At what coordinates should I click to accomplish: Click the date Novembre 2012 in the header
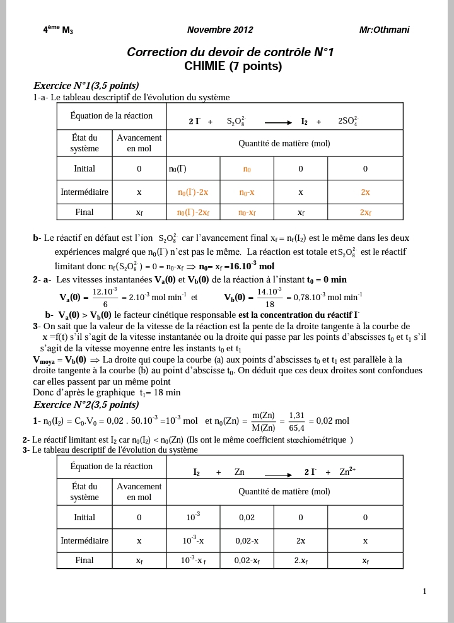(220, 30)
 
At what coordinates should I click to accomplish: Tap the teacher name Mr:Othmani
(384, 30)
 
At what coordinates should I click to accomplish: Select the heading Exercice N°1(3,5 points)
(86, 86)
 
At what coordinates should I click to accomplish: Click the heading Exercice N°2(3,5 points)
(86, 404)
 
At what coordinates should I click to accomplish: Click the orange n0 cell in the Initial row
(247, 169)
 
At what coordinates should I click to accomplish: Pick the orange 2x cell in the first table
(365, 192)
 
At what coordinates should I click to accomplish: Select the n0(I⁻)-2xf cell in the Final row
(193, 213)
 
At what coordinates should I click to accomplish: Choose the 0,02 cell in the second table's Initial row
(247, 517)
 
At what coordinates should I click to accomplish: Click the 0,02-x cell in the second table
(247, 540)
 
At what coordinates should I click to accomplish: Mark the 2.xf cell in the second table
(301, 560)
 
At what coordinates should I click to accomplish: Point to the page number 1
(424, 591)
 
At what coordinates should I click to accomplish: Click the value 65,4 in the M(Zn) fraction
(296, 428)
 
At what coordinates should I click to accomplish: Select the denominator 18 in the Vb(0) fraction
(270, 304)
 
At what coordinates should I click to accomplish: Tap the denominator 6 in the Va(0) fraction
(105, 304)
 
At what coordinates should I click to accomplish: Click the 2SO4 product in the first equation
(348, 121)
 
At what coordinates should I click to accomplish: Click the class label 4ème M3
(58, 30)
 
